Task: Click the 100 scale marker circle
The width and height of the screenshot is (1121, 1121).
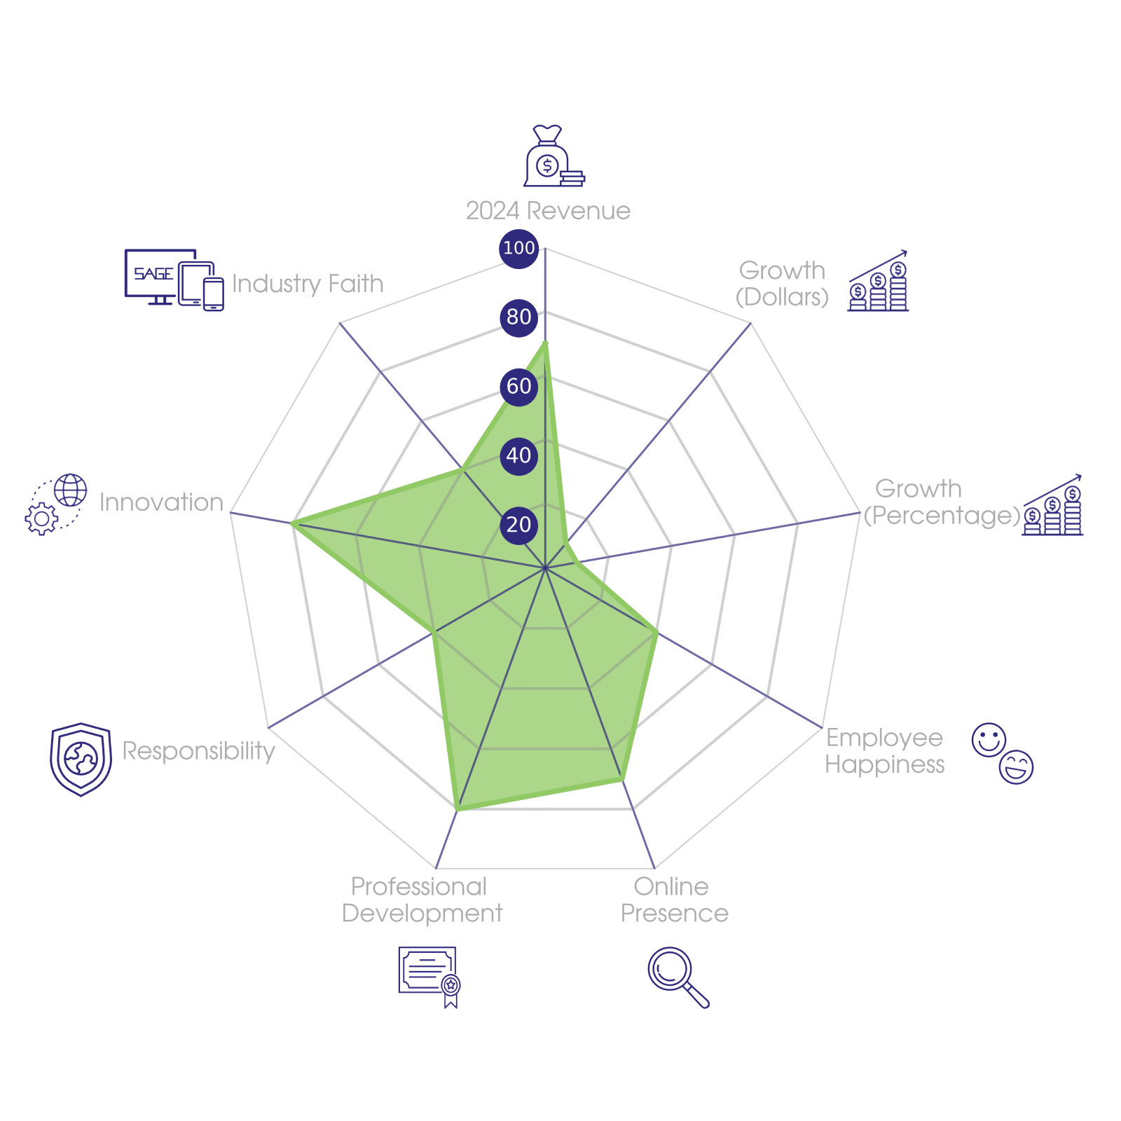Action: pyautogui.click(x=518, y=248)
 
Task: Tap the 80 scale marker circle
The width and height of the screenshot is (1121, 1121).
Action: pyautogui.click(x=518, y=317)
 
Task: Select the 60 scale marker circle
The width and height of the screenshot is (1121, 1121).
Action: pyautogui.click(x=518, y=386)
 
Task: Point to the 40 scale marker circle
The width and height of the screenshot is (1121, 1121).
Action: pyautogui.click(x=518, y=455)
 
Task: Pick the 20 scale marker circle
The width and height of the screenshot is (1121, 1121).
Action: pyautogui.click(x=518, y=525)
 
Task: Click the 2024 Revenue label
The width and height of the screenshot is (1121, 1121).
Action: pyautogui.click(x=548, y=211)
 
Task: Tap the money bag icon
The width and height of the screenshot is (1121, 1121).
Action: pyautogui.click(x=553, y=157)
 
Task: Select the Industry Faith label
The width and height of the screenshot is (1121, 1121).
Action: pyautogui.click(x=308, y=284)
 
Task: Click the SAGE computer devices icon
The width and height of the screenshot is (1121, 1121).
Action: pyautogui.click(x=174, y=280)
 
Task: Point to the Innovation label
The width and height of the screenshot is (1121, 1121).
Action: pyautogui.click(x=161, y=502)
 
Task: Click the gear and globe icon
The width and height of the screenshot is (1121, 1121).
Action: pyautogui.click(x=56, y=504)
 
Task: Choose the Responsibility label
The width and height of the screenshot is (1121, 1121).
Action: pyautogui.click(x=198, y=751)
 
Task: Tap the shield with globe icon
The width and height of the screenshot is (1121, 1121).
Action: pyautogui.click(x=81, y=759)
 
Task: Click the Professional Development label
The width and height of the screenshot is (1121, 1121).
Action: pyautogui.click(x=422, y=900)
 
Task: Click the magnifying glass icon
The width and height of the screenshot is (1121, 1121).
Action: pyautogui.click(x=677, y=977)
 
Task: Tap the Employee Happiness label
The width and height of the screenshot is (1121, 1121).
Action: pyautogui.click(x=884, y=751)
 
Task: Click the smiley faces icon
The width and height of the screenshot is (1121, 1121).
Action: pyautogui.click(x=1003, y=753)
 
